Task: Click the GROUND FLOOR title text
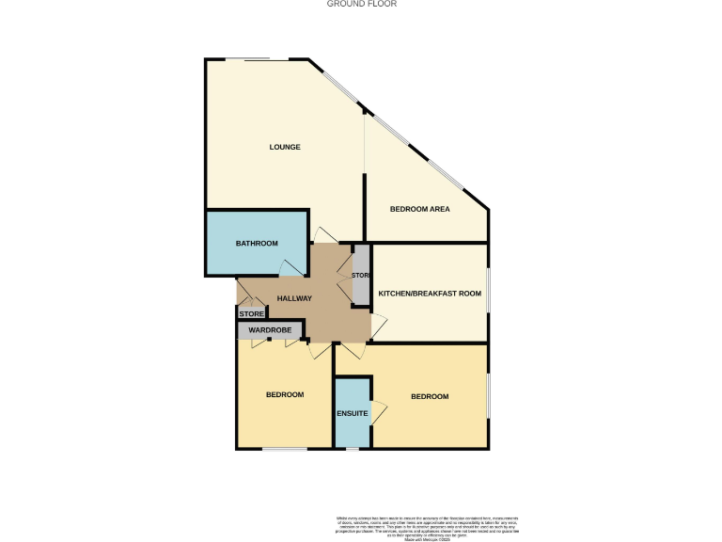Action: coord(361,4)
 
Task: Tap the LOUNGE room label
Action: coord(285,147)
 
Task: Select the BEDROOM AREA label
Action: coord(419,209)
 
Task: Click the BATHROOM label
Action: coord(257,244)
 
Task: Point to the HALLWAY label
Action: coord(293,298)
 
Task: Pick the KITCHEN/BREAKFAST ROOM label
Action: coord(430,294)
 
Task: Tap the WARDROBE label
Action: coord(270,330)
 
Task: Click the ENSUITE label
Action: coord(353,413)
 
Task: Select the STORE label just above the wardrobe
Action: coord(251,313)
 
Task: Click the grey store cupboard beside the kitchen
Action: coord(361,275)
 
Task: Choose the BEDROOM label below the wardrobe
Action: coord(284,394)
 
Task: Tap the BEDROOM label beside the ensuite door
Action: coord(430,396)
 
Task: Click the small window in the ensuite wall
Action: coord(352,449)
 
